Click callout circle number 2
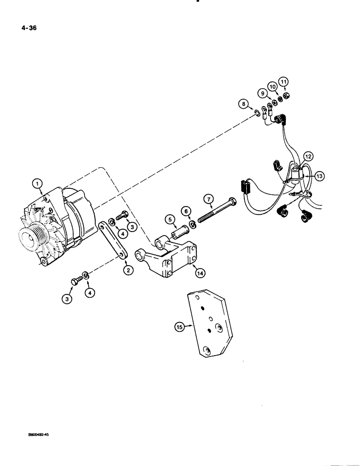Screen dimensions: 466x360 point(127,269)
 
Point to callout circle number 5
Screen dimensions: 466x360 point(171,219)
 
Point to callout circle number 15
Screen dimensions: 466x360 point(180,328)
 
